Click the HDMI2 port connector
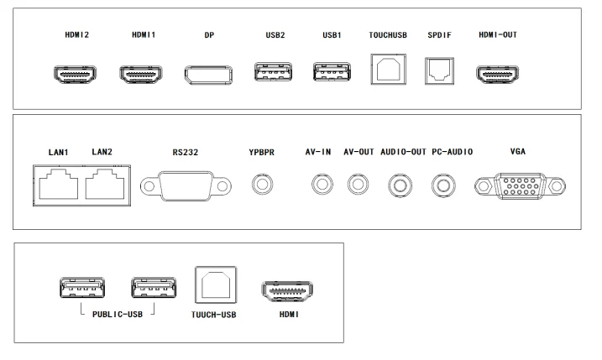tap(75, 75)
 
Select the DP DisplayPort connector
tap(208, 75)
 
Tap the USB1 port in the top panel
tap(332, 72)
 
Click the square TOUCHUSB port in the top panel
tap(389, 69)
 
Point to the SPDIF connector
tap(440, 71)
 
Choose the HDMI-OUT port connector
tap(498, 75)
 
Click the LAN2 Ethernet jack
tap(105, 185)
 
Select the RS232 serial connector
tap(186, 186)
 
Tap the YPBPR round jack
tap(263, 185)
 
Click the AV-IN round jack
tap(322, 185)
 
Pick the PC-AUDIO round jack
tap(443, 185)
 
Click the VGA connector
tap(521, 186)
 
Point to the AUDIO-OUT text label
tap(404, 152)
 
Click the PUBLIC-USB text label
tap(118, 315)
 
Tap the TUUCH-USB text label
tap(214, 315)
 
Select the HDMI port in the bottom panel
tap(287, 291)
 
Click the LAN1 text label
tap(59, 153)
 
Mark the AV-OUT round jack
tap(359, 185)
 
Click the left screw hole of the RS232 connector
tap(149, 186)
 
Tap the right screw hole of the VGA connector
tap(557, 186)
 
